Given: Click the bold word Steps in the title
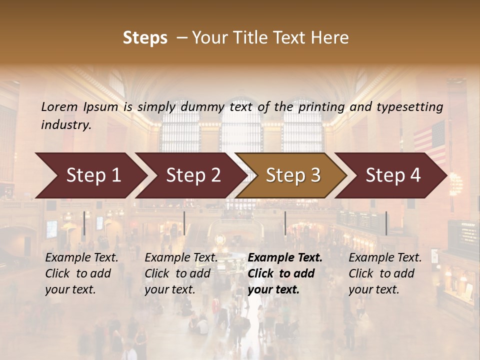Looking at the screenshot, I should point(145,38).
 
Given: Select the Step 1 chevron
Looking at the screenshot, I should point(90,175).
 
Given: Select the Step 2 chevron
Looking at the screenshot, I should point(190,175).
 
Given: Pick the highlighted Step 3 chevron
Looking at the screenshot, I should point(291,175).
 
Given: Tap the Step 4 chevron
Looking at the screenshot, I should point(391,175).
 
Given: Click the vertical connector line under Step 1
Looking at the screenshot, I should point(84,223).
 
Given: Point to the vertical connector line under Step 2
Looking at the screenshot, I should point(184,223).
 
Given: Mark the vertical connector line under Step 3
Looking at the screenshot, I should point(285,223).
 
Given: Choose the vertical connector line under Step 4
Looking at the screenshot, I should point(386,223).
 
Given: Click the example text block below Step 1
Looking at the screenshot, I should point(81,273).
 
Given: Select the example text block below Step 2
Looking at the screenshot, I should point(181,273).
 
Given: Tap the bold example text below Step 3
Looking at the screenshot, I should point(285,273).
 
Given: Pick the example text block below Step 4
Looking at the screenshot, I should point(385,273).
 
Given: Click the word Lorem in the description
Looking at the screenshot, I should point(59,106).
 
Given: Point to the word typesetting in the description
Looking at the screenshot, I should point(413,106).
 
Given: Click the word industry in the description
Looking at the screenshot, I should point(65,125).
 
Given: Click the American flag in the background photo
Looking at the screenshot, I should point(430,140).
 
